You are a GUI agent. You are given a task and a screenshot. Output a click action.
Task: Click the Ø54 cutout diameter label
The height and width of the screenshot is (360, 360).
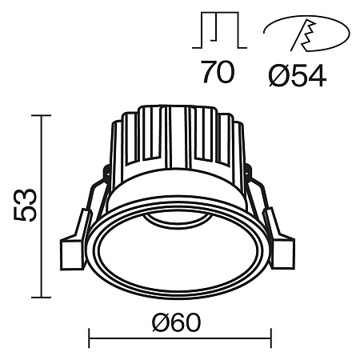point(294,75)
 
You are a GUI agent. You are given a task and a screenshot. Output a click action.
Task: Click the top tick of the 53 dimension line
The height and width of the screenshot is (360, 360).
point(41,116)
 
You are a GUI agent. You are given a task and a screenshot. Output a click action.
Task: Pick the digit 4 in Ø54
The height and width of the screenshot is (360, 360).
point(314,75)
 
